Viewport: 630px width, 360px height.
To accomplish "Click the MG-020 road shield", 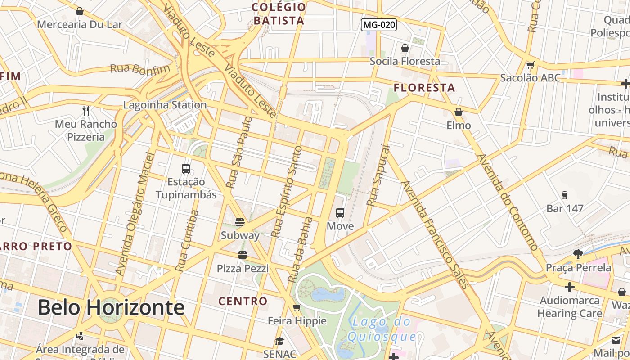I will (379, 25).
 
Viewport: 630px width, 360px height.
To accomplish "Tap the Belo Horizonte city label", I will (111, 307).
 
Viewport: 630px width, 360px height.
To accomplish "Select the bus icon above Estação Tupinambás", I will (186, 169).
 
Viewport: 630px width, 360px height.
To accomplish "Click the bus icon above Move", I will (340, 213).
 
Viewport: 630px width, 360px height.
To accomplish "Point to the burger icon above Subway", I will (240, 222).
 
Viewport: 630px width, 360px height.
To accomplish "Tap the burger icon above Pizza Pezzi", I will (243, 255).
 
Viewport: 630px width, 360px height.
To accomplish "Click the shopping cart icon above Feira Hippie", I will (297, 308).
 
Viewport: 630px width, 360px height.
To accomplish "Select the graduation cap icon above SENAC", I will (279, 341).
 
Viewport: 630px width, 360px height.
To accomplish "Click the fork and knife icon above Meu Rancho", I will (86, 110).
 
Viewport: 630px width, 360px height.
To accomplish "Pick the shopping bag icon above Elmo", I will (459, 112).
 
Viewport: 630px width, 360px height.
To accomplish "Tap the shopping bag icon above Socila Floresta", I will (405, 48).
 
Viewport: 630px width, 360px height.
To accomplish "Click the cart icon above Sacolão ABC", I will (531, 65).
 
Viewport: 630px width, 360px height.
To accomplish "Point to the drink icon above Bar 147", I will (565, 195).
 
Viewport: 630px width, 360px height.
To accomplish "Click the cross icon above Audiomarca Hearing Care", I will (570, 287).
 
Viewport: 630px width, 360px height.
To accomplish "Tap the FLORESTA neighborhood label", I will (424, 88).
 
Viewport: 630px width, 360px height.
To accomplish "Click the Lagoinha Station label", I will (165, 105).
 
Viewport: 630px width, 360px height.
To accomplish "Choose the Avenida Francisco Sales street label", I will (435, 234).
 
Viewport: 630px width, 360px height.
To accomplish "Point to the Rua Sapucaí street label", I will (377, 175).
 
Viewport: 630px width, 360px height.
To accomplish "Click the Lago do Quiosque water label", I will (382, 329).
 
